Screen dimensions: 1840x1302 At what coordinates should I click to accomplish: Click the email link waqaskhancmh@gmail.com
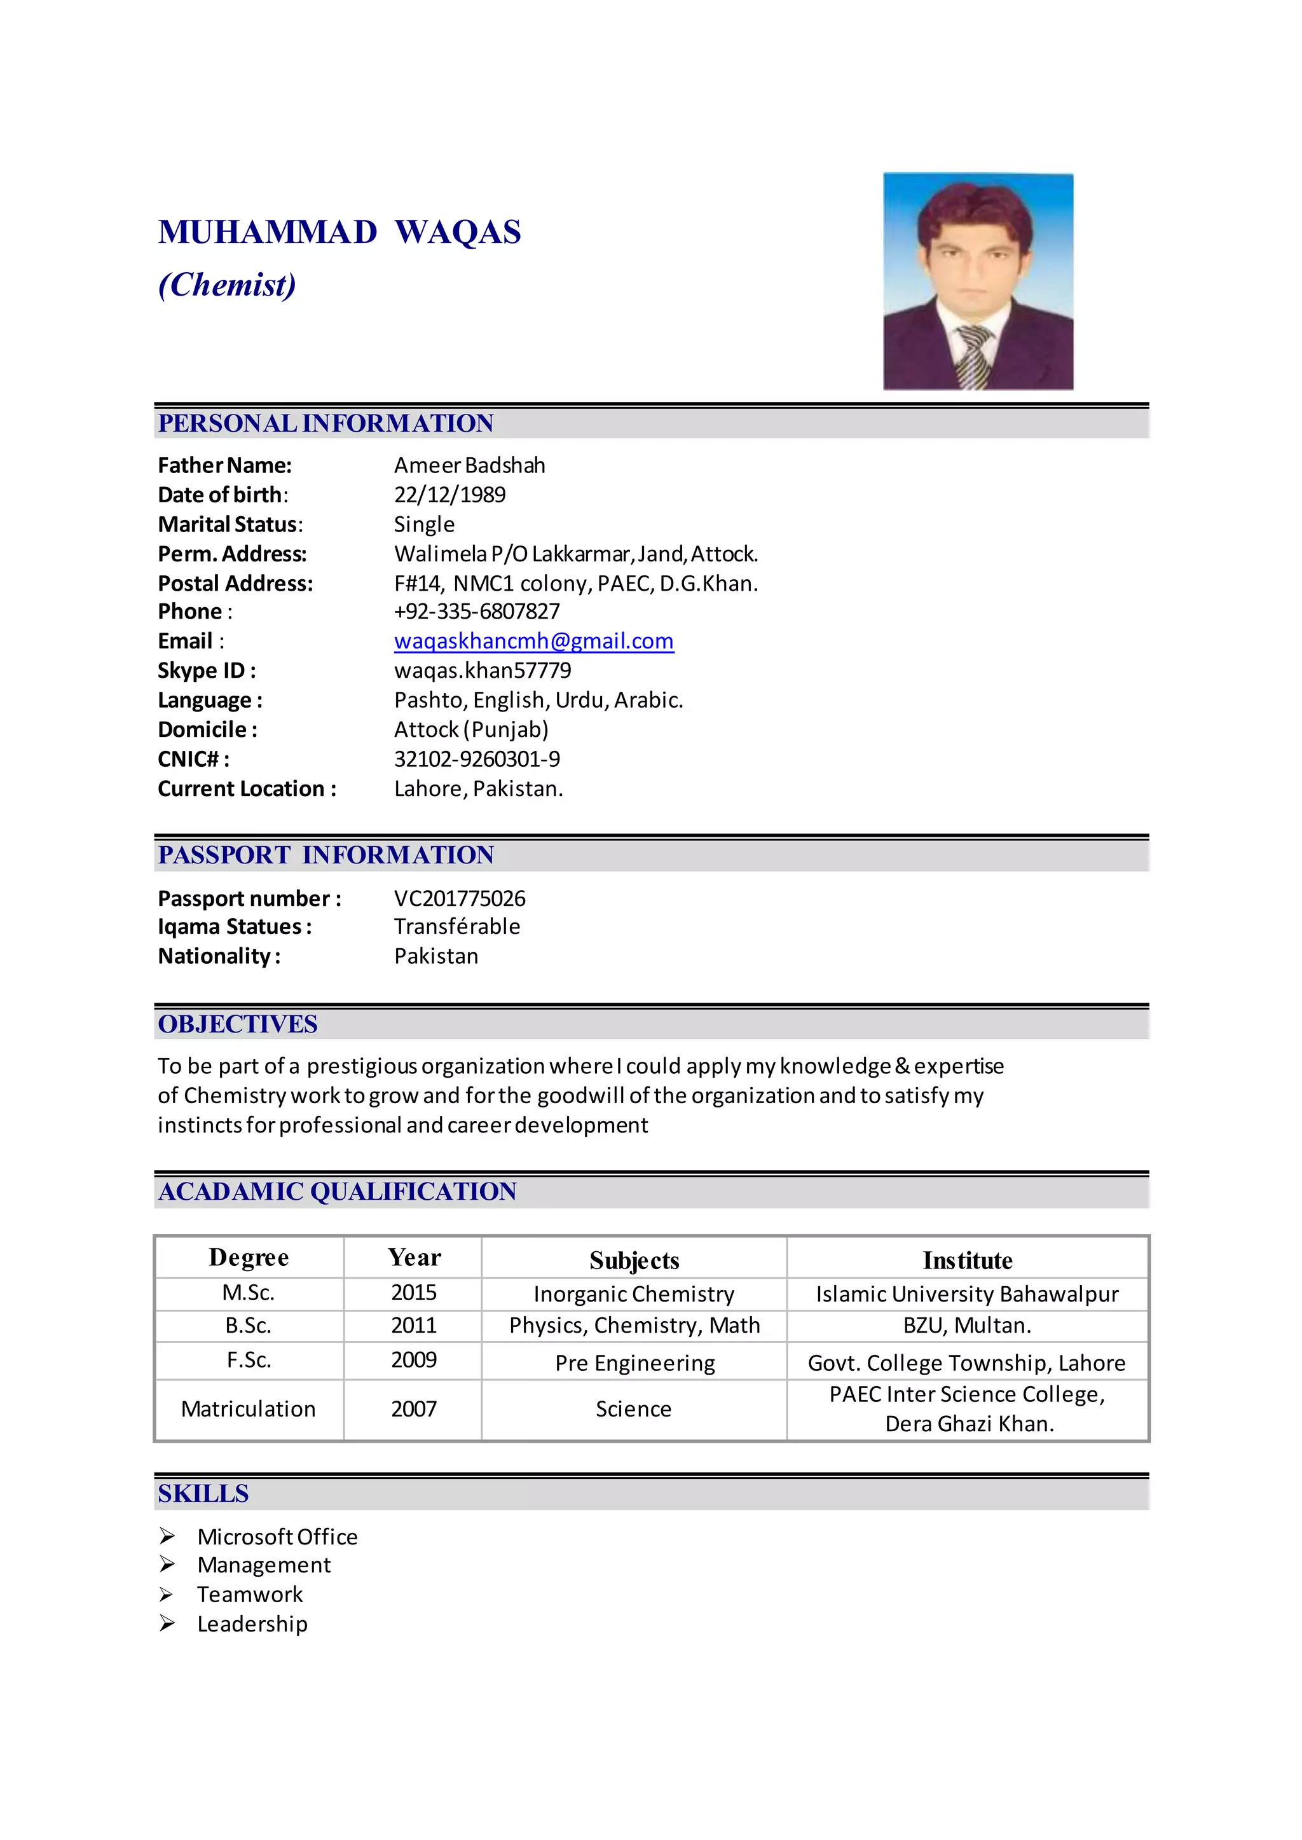point(533,642)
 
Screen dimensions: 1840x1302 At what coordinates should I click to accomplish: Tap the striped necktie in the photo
point(973,357)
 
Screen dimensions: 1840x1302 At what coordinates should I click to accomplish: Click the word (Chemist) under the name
point(227,285)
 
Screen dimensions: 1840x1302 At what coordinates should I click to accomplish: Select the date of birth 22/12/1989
point(449,495)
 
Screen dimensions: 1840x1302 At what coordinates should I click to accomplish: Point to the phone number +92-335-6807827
point(476,612)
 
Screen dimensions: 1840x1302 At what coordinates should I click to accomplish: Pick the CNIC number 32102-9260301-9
point(477,759)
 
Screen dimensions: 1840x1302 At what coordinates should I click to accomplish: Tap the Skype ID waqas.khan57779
point(483,670)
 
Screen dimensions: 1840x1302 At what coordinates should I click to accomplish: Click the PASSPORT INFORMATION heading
point(325,855)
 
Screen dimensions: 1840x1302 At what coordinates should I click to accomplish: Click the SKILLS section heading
point(203,1493)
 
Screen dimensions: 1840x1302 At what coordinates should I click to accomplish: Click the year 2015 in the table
point(414,1293)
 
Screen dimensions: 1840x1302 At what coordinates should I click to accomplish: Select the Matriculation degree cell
point(249,1410)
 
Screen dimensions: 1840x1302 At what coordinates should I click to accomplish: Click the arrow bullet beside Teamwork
point(167,1595)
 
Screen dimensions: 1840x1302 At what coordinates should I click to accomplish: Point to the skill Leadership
point(252,1624)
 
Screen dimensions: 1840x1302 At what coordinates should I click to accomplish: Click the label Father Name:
point(224,466)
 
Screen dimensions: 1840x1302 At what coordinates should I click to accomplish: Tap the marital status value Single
point(424,525)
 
